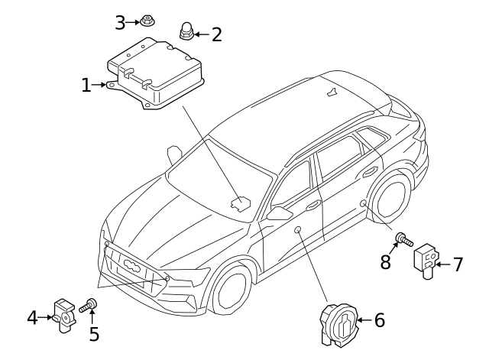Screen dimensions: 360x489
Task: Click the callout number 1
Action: click(x=86, y=85)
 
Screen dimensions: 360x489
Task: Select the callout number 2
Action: click(x=216, y=34)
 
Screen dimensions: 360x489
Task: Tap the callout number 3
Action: click(x=120, y=23)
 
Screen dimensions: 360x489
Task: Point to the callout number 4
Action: click(x=32, y=316)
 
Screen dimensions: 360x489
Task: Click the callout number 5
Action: click(x=94, y=334)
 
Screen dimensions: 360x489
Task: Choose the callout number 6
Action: click(x=379, y=319)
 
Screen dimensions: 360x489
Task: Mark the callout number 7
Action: click(x=458, y=264)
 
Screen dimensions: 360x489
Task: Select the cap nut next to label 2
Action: click(x=185, y=31)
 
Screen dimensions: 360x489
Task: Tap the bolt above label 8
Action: click(x=403, y=241)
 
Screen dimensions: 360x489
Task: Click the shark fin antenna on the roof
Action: click(x=331, y=94)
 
